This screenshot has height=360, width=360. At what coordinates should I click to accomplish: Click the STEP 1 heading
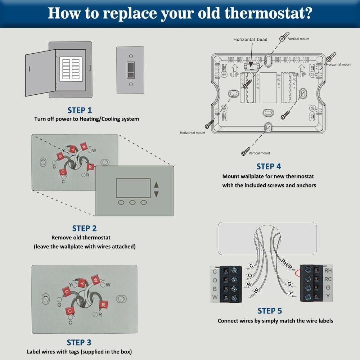tap(80, 110)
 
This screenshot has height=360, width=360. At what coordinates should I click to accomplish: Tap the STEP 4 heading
tap(269, 166)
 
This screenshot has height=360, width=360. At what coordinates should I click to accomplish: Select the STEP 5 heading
tap(270, 311)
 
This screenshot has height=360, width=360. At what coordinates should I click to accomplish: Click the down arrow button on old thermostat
tap(156, 194)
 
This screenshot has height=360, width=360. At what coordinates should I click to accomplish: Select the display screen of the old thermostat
tap(133, 188)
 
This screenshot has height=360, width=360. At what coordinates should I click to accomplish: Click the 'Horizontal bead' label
tap(250, 40)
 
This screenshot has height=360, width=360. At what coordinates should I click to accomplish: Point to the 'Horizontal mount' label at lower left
tap(193, 133)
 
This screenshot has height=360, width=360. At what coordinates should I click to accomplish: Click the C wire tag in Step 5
tap(251, 266)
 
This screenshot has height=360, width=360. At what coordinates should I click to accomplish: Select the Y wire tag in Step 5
tap(291, 293)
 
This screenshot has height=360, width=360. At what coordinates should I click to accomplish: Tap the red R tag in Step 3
tap(104, 305)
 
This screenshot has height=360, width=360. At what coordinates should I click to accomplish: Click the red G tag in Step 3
tap(66, 291)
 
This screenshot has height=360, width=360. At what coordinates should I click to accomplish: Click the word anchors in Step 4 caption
tap(305, 185)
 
